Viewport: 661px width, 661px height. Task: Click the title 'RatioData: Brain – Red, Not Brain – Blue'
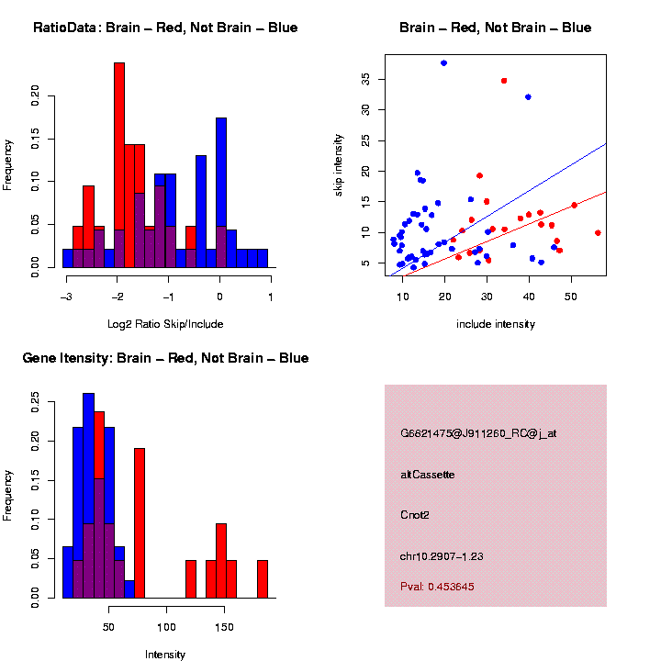(165, 28)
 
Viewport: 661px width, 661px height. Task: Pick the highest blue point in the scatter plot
(444, 62)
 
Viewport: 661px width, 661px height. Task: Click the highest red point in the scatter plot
(504, 81)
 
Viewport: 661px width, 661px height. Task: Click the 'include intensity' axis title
(496, 324)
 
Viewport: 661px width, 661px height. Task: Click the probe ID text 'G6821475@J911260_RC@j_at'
(478, 433)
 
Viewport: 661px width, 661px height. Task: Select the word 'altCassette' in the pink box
(428, 475)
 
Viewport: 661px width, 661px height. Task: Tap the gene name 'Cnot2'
(415, 515)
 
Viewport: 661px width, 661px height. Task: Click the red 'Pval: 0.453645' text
(438, 586)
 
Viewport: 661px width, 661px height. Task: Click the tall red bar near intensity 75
(140, 523)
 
